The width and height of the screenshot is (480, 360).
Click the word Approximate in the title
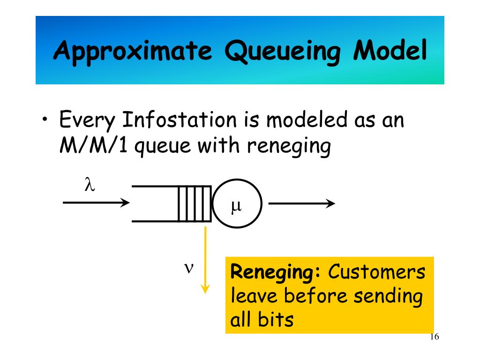coord(133,51)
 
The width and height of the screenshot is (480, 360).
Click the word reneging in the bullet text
coord(288,147)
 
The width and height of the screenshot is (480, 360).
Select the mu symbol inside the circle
coord(236,206)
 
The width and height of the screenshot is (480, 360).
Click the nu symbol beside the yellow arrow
coord(188,268)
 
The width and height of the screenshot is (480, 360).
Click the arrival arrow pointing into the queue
coord(96,203)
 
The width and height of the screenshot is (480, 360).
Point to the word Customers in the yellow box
coord(377,272)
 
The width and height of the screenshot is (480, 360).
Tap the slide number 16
coord(434,338)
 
